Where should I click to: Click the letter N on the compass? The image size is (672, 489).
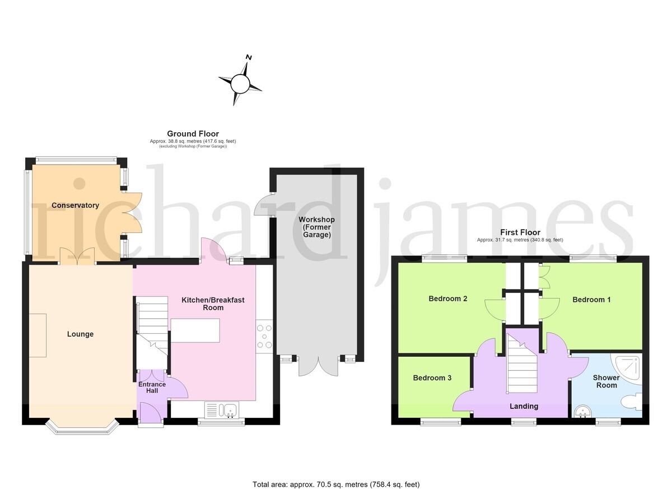tap(249, 57)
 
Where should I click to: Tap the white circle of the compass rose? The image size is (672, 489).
tap(240, 84)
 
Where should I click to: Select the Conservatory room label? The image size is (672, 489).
tap(75, 205)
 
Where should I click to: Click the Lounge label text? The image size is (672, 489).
tap(80, 334)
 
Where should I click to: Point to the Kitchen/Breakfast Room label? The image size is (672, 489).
tap(213, 304)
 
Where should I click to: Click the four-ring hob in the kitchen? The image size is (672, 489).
tap(264, 336)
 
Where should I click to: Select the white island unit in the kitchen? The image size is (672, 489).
tap(195, 330)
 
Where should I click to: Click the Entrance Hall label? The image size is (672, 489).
tap(152, 387)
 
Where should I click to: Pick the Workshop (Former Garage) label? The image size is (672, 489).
tap(316, 227)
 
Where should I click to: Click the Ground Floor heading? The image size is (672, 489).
tap(193, 133)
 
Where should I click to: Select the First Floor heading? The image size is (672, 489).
tap(520, 232)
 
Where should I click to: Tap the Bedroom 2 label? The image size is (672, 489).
tap(448, 299)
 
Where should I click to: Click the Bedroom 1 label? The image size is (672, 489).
tap(591, 300)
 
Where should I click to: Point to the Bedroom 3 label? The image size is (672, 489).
tap(432, 378)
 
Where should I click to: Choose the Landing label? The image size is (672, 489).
tap(524, 406)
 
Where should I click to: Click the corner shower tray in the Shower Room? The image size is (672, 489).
tap(626, 369)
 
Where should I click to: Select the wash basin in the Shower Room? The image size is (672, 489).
tap(582, 411)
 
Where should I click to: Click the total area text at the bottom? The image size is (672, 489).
tap(336, 476)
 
